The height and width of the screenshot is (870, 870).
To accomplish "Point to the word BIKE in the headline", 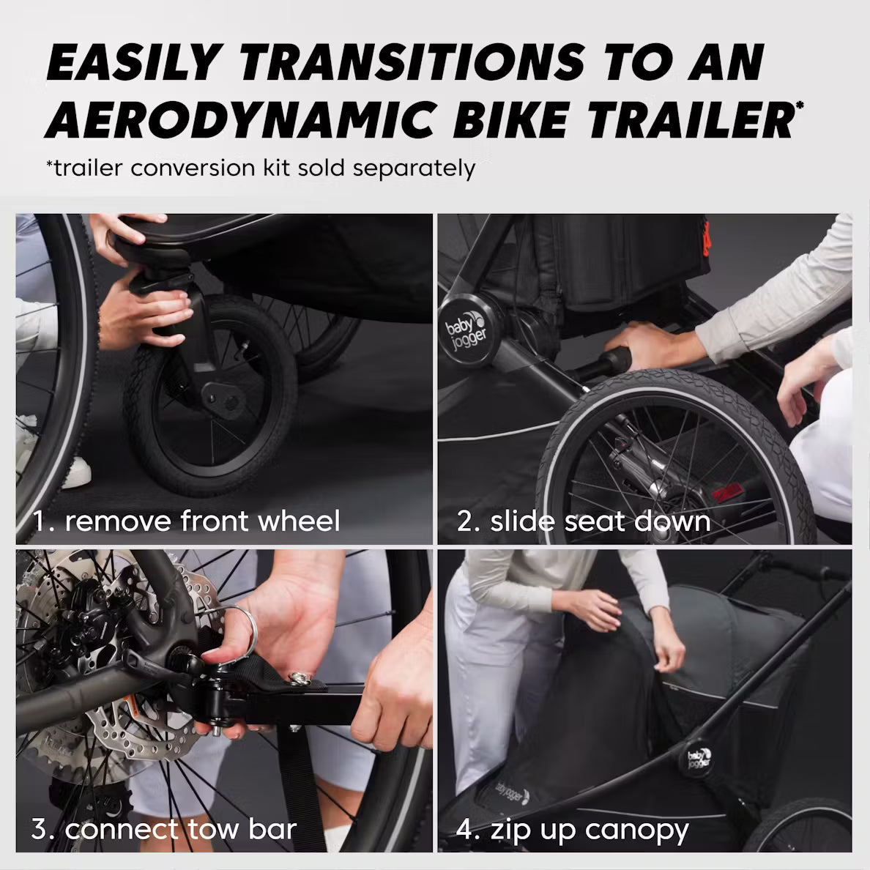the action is tap(511, 120).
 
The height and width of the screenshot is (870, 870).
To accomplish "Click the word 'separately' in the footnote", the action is tap(414, 168).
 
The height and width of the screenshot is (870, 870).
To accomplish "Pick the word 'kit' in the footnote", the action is tap(276, 168).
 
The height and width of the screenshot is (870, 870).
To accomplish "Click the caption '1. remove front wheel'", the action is tap(187, 521).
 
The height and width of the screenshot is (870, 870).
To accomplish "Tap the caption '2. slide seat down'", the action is tap(584, 521).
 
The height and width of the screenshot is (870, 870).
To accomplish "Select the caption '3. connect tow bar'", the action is tap(164, 829).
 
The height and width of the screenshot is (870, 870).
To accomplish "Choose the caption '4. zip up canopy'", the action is tap(572, 831).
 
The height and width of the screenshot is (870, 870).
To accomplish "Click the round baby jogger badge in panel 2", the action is tap(469, 332).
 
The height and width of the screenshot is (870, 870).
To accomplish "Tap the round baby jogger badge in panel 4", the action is tap(698, 758).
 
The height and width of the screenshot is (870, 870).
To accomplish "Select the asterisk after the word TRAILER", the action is tap(800, 105).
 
